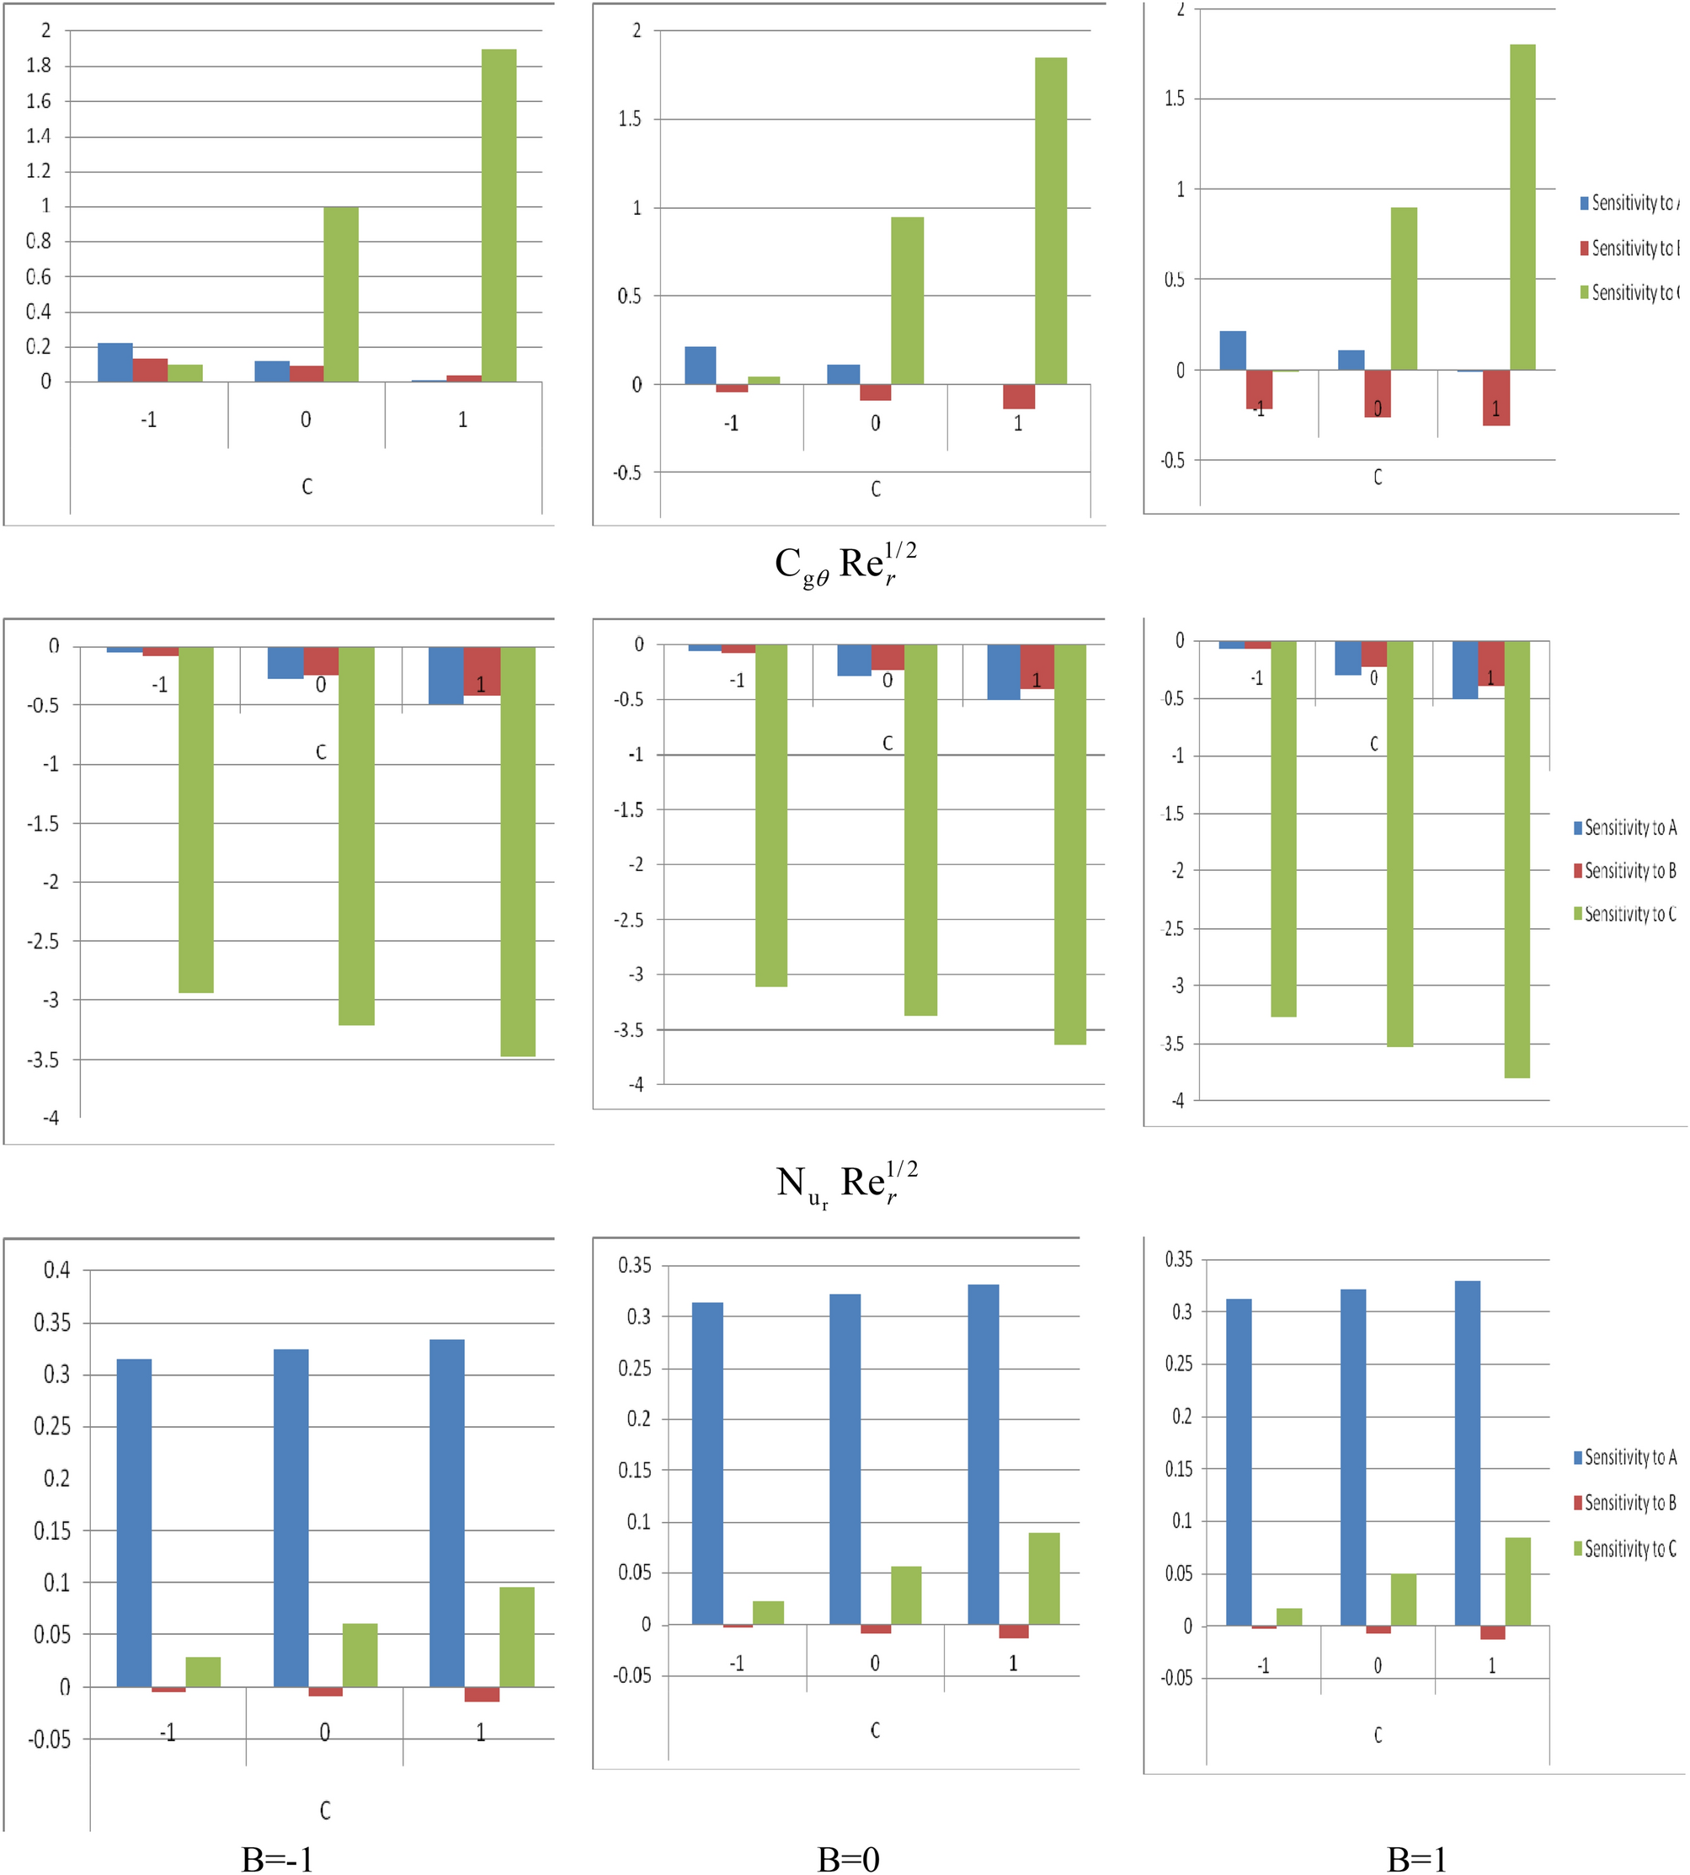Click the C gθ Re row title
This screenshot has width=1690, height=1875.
click(845, 564)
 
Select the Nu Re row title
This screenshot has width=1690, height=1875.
click(846, 1183)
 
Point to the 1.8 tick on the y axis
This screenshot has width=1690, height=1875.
click(39, 65)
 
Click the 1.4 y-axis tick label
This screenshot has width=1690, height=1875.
click(39, 136)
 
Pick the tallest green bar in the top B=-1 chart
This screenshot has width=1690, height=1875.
click(498, 215)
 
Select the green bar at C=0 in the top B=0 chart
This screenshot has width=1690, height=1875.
click(907, 300)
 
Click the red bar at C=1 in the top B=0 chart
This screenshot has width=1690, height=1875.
click(1019, 397)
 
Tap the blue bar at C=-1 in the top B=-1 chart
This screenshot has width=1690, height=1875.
click(115, 362)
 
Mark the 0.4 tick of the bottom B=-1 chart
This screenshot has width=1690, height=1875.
click(56, 1270)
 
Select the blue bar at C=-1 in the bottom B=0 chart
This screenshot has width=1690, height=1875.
click(707, 1464)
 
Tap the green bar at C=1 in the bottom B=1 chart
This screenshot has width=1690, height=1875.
click(1517, 1582)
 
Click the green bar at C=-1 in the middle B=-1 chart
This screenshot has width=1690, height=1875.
click(196, 819)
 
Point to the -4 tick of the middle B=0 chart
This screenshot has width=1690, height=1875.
click(635, 1085)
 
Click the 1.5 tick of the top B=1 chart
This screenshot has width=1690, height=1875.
click(1174, 99)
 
